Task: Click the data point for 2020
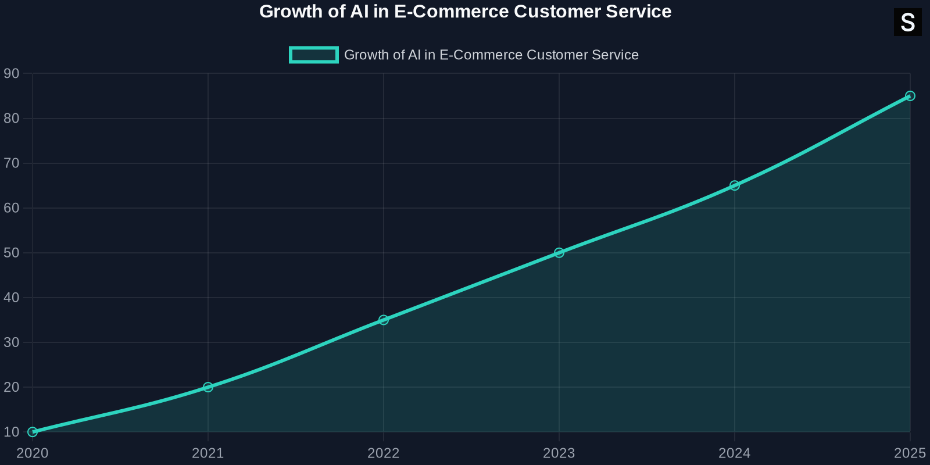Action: click(33, 432)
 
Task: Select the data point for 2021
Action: click(208, 387)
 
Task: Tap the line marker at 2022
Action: click(384, 320)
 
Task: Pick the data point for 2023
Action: click(559, 253)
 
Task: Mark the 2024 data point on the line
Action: click(735, 185)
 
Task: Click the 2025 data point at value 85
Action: click(910, 96)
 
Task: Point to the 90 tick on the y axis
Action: click(12, 74)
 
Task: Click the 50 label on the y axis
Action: click(12, 253)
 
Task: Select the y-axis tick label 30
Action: click(12, 342)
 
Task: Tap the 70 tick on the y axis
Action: click(12, 163)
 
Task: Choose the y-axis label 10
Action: click(12, 432)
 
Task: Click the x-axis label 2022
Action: click(384, 453)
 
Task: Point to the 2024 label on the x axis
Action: click(735, 453)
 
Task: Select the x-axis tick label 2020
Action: click(33, 453)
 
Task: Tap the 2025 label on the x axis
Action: click(910, 453)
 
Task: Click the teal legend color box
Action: click(314, 55)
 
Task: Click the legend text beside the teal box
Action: click(491, 55)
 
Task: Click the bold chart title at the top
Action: click(465, 12)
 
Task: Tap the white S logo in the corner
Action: click(907, 23)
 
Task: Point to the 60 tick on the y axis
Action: click(12, 208)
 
